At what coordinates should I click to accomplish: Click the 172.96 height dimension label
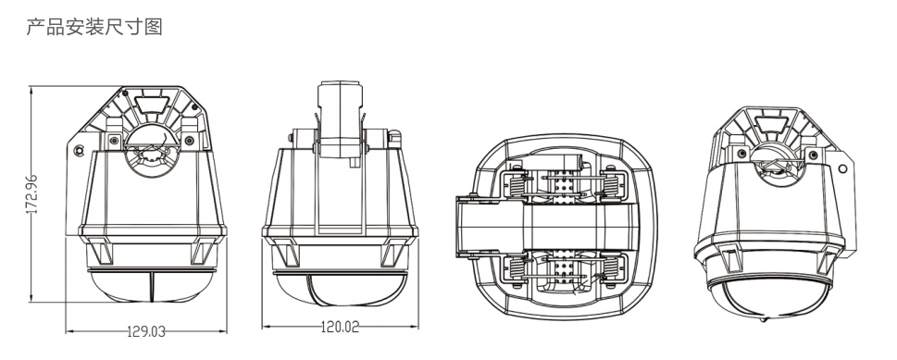(x=32, y=194)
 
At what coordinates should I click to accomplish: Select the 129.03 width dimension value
(x=146, y=331)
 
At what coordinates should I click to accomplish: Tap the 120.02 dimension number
(x=340, y=327)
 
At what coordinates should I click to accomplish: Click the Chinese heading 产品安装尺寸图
(x=94, y=27)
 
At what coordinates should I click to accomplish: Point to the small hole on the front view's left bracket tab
(x=79, y=151)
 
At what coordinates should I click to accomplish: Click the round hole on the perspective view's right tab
(x=842, y=168)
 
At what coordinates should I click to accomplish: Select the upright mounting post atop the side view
(x=340, y=120)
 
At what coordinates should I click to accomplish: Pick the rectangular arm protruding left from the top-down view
(x=489, y=227)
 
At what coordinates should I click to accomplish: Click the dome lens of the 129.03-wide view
(x=152, y=286)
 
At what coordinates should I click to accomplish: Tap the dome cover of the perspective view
(x=767, y=298)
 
